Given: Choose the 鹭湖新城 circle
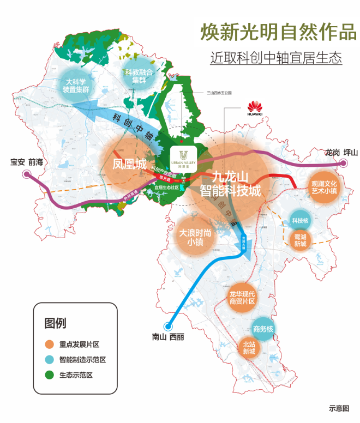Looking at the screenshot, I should [301, 240].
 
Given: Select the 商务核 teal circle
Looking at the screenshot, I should [263, 329].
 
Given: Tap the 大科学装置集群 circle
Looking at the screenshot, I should [77, 85].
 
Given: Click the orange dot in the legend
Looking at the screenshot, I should [49, 345].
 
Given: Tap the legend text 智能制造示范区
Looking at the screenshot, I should [82, 360].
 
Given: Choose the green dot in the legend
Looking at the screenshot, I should [49, 375].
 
